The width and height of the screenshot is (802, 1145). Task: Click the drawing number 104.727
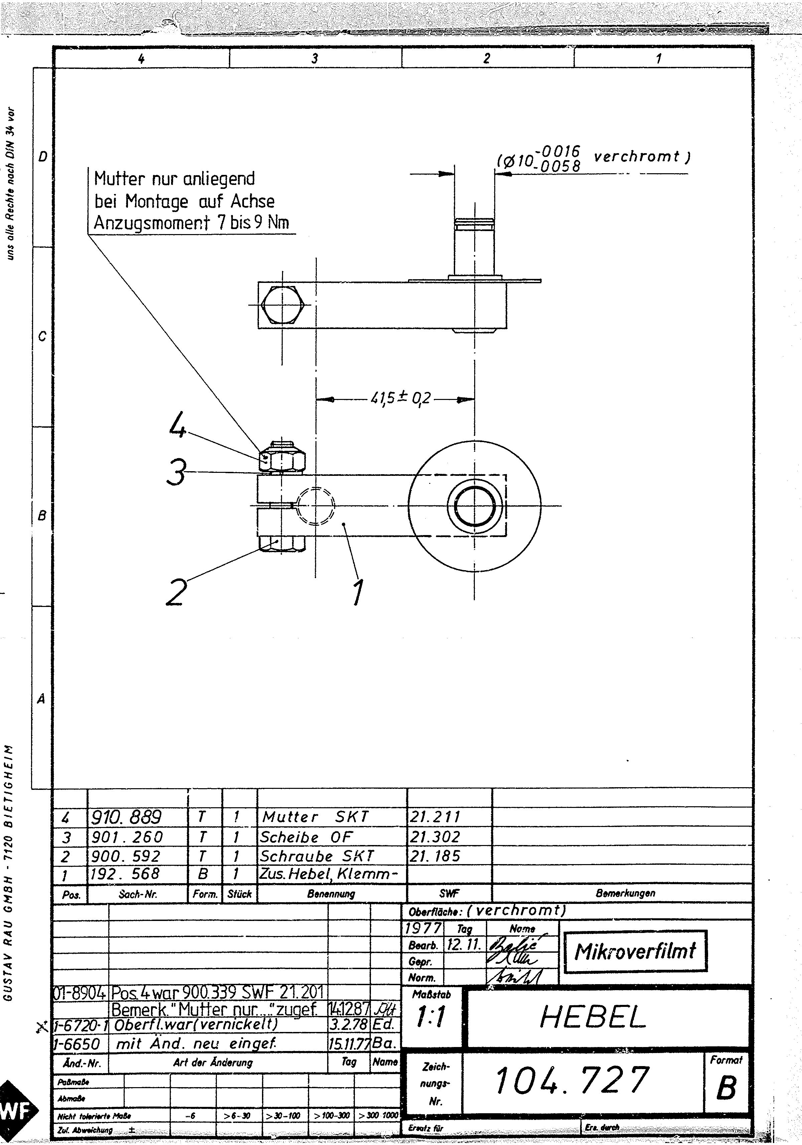tap(572, 1080)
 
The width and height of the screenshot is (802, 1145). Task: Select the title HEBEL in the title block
tap(593, 1017)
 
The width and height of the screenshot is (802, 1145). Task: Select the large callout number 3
tap(176, 472)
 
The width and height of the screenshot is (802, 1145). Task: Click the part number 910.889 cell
tap(126, 817)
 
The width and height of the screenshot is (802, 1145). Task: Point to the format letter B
tap(726, 1088)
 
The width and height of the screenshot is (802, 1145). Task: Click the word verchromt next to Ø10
tap(637, 157)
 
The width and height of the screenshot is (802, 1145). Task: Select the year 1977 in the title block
tap(423, 928)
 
